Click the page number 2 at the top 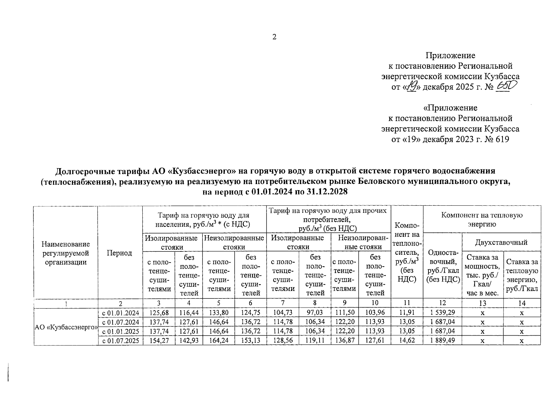click(x=274, y=37)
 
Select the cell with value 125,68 click(x=159, y=313)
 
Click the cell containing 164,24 click(x=218, y=341)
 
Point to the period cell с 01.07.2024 click(x=120, y=322)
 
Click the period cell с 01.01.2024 click(x=120, y=313)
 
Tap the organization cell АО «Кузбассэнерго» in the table click(x=66, y=327)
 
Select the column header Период click(x=119, y=253)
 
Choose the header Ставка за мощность click(x=483, y=274)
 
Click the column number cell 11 click(x=406, y=303)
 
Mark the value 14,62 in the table click(x=406, y=341)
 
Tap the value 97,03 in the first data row click(x=315, y=313)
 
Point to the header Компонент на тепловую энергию click(x=482, y=219)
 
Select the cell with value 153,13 click(x=251, y=341)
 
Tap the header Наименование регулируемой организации click(x=66, y=253)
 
